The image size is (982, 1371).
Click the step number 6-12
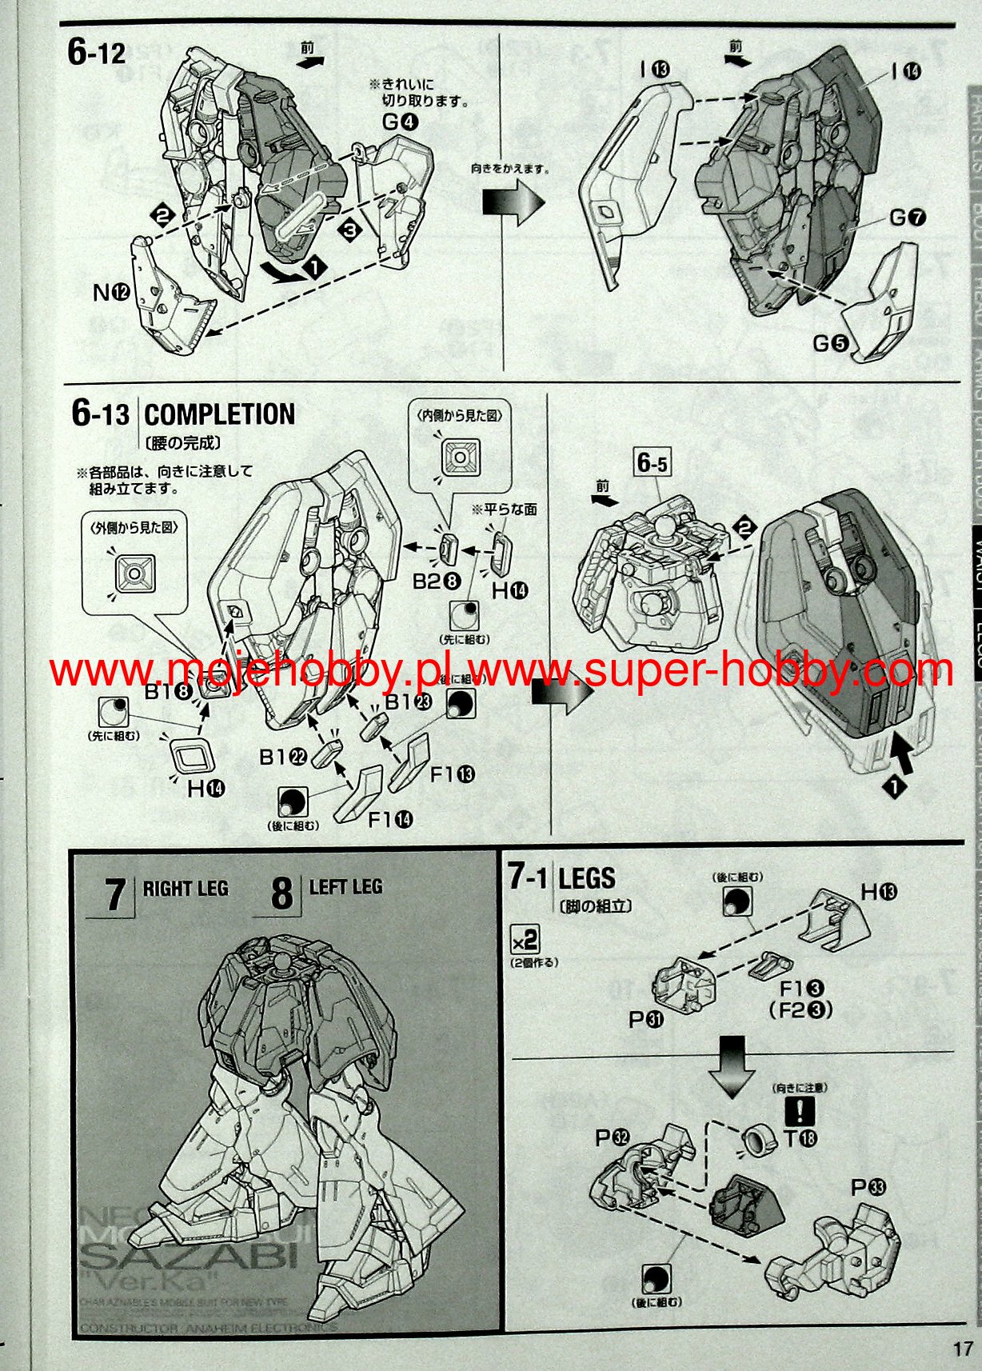tap(97, 52)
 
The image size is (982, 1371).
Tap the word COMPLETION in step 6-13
tap(219, 414)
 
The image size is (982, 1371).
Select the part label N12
tap(111, 293)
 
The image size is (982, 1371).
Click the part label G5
tap(830, 343)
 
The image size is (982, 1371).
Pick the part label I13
tap(653, 70)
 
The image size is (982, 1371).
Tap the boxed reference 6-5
tap(653, 462)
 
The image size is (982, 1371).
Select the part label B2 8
tap(437, 582)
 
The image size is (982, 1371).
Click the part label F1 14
tap(391, 819)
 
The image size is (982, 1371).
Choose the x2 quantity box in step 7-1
tap(525, 938)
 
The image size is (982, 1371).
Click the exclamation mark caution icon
tap(800, 1111)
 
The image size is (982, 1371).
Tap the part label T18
tap(800, 1138)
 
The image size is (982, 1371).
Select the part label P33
tap(868, 1187)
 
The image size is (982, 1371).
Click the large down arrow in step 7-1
tap(732, 1063)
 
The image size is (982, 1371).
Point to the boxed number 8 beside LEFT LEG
tap(281, 893)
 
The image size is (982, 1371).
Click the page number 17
tap(962, 1349)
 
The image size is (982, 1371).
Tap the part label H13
tap(879, 892)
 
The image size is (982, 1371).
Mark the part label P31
tap(646, 1019)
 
